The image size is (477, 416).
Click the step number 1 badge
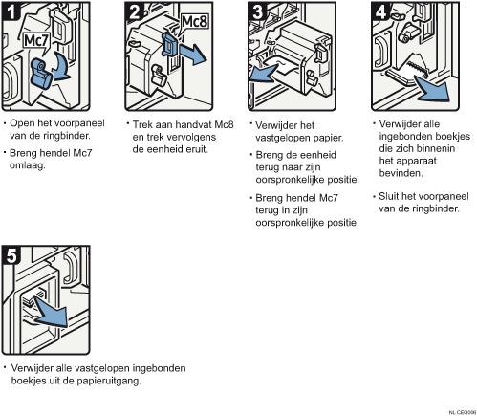[11, 11]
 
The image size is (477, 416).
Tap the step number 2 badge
[134, 11]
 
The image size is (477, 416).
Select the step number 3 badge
[257, 11]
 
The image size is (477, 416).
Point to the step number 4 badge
[380, 11]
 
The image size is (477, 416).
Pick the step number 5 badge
[11, 255]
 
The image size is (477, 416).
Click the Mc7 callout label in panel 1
[36, 41]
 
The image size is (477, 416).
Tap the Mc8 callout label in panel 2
[194, 22]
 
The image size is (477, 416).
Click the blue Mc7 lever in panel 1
[41, 74]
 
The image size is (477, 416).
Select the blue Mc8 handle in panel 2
[170, 44]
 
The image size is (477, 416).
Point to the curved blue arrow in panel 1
[62, 67]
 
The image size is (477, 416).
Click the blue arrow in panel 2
[193, 54]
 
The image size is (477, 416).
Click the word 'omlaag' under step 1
[28, 165]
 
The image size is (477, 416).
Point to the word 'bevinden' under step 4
[401, 173]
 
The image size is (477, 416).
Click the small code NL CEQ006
[463, 412]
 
